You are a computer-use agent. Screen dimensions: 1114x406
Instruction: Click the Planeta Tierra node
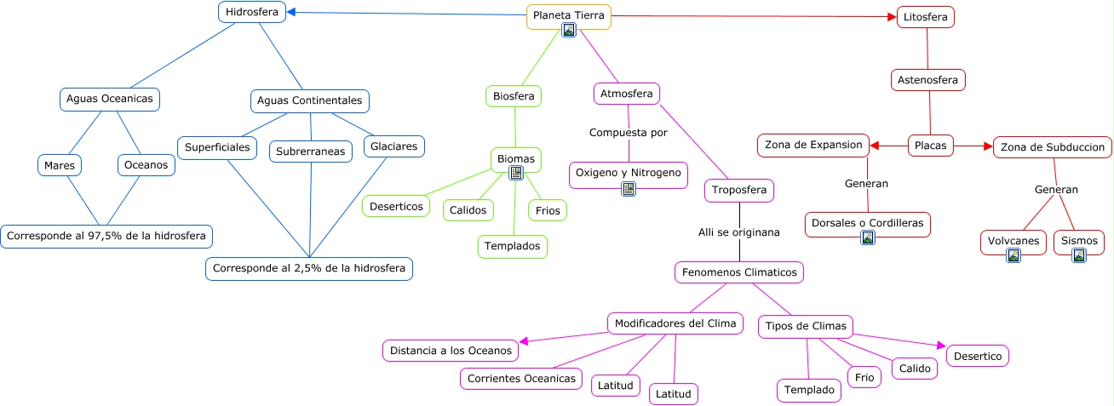coord(568,16)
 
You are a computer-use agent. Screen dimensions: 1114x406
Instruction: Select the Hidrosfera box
coord(251,12)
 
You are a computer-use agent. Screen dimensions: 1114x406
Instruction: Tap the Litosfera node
coord(926,17)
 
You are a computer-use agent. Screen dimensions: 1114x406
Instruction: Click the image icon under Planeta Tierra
coord(568,31)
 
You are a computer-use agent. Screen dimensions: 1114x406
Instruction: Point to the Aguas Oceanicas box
coord(109,99)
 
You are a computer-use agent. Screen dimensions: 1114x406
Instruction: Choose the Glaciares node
coord(393,146)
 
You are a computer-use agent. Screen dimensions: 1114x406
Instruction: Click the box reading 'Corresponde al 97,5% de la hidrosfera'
coord(106,236)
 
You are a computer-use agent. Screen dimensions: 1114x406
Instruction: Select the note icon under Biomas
coord(516,173)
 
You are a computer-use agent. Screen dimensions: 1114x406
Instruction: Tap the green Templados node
coord(512,247)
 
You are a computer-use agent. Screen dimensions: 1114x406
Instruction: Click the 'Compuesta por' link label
coord(629,133)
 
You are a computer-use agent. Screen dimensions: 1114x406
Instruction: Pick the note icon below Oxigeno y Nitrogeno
coord(629,189)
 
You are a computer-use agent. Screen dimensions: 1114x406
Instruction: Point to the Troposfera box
coord(739,191)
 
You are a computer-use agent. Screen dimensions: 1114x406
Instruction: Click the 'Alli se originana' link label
coord(739,232)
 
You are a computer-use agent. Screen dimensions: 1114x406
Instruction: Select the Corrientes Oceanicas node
coord(521,379)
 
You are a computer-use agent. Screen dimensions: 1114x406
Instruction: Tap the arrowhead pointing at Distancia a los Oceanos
coord(523,341)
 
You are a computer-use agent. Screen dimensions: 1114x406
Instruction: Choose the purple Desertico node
coord(978,357)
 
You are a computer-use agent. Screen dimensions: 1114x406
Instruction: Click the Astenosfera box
coord(928,80)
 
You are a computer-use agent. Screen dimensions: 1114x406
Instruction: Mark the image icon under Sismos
coord(1079,255)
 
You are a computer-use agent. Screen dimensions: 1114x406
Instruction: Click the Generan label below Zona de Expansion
coord(866,184)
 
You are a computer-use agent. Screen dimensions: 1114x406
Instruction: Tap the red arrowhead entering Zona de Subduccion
coord(988,146)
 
